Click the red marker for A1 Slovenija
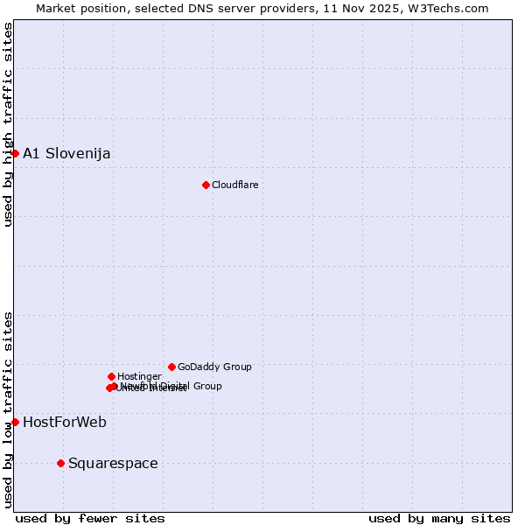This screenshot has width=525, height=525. pos(15,153)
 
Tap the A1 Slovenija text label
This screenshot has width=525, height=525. pos(66,154)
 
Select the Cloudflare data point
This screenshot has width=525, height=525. pos(206,185)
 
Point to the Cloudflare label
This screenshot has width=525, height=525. pos(234,185)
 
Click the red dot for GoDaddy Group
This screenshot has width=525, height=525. pos(171,367)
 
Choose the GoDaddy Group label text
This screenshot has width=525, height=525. pos(214,367)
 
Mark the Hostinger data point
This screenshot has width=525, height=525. pos(111,376)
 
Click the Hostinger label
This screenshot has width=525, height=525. pos(139,376)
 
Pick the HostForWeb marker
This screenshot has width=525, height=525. pos(15,422)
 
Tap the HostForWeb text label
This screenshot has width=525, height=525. pos(65,423)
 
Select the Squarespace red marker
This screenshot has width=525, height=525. pos(60,463)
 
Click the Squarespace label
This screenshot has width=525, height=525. pos(113,464)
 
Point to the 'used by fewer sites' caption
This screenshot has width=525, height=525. pos(90,518)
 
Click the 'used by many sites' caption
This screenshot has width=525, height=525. pos(439,518)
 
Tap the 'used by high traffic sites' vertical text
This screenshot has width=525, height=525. pos(8,124)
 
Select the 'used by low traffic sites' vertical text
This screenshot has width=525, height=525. pos(8,409)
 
